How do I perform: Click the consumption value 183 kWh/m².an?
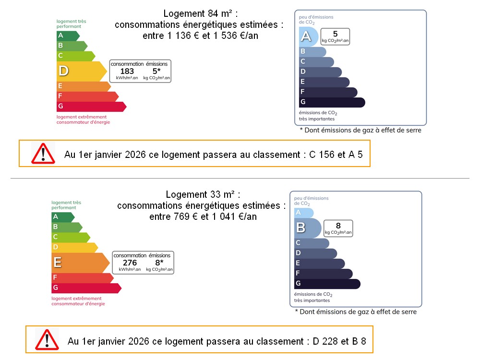pyautogui.click(x=127, y=72)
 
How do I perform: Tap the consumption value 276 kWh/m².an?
pyautogui.click(x=130, y=263)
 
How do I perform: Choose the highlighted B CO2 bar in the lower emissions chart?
pyautogui.click(x=307, y=228)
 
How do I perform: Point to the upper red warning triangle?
pyautogui.click(x=44, y=153)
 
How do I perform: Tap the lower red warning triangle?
pyautogui.click(x=47, y=339)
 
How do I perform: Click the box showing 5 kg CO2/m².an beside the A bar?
pyautogui.click(x=335, y=36)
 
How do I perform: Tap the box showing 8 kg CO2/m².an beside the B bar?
pyautogui.click(x=338, y=228)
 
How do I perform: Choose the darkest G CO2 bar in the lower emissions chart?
pyautogui.click(x=326, y=284)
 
